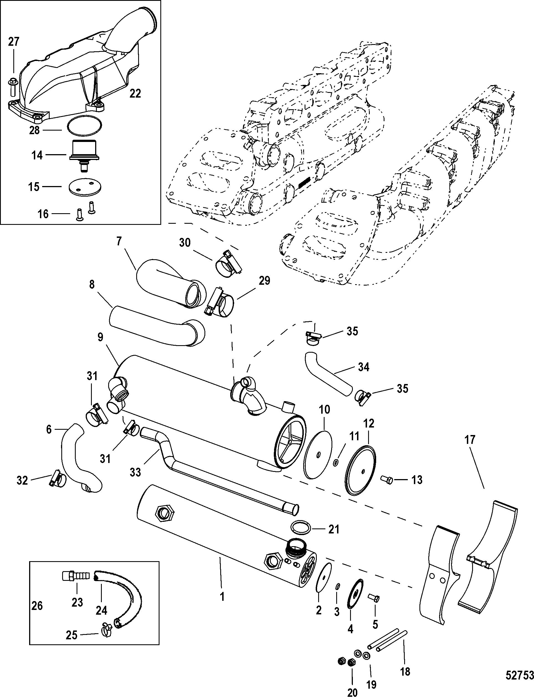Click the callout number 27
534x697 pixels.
click(13, 42)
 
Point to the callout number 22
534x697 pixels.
click(135, 93)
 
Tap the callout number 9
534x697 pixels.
click(100, 337)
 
